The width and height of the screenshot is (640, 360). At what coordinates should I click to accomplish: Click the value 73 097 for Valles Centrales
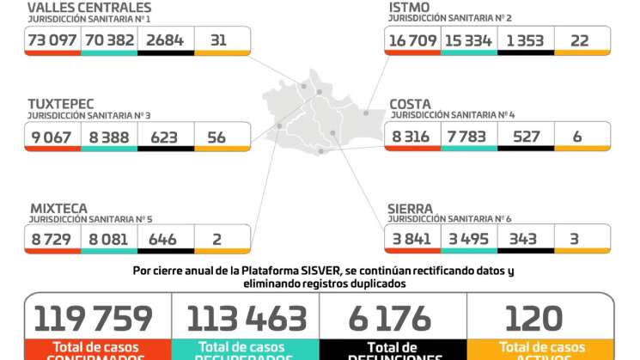tap(52, 40)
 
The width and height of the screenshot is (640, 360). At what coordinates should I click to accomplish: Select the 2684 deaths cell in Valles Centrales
tap(166, 40)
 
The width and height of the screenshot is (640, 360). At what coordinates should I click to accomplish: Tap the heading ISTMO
tap(409, 8)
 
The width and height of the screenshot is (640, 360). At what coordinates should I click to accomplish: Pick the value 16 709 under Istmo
tap(411, 40)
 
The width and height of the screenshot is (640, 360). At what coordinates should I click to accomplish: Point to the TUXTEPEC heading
tap(60, 104)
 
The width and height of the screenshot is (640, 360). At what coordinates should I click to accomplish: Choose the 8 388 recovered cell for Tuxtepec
tap(109, 137)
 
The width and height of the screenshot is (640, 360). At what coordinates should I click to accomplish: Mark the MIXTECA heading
tap(58, 208)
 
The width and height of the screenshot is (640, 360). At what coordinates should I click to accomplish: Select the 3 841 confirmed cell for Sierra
tap(411, 239)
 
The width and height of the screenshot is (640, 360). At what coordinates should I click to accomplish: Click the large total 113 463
tap(245, 318)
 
